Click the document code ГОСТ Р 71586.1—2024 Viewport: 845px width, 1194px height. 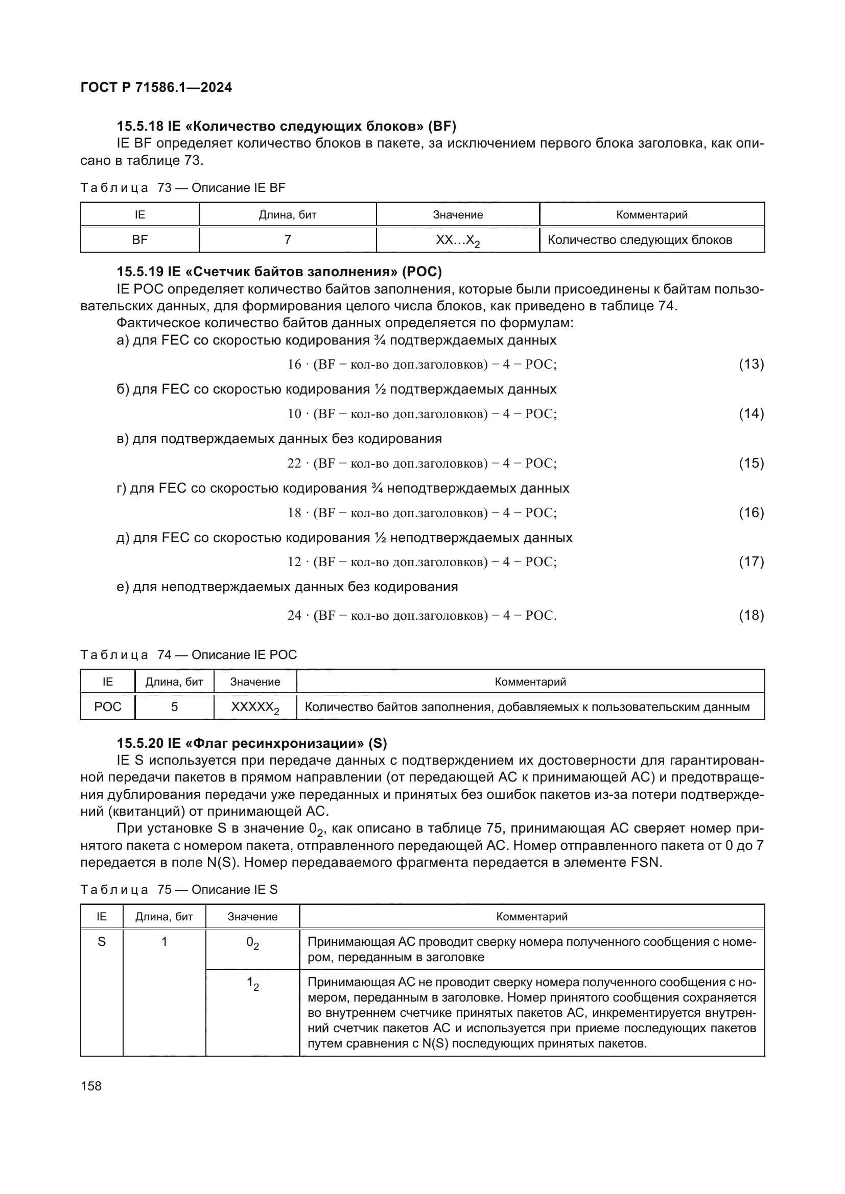(x=156, y=87)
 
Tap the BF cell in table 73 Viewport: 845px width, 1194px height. (x=139, y=240)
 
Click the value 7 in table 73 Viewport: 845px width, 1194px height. (x=287, y=240)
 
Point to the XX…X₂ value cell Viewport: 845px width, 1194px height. (x=457, y=240)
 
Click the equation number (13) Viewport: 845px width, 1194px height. (x=751, y=364)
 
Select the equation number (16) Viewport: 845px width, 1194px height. (x=751, y=513)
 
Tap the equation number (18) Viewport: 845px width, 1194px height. (x=751, y=616)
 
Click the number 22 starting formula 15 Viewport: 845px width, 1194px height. (x=294, y=464)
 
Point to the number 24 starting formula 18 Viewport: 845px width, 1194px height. (x=294, y=616)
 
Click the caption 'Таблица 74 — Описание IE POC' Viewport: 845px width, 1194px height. (x=189, y=655)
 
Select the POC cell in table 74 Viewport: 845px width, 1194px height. (x=108, y=706)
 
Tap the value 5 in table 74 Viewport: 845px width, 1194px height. (x=174, y=706)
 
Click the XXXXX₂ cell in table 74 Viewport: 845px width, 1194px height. (x=255, y=708)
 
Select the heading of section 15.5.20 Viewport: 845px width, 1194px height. (x=252, y=744)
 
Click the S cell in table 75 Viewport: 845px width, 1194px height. (x=102, y=941)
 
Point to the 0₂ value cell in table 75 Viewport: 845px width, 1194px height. (x=252, y=943)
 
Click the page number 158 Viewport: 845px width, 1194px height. (x=91, y=1086)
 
